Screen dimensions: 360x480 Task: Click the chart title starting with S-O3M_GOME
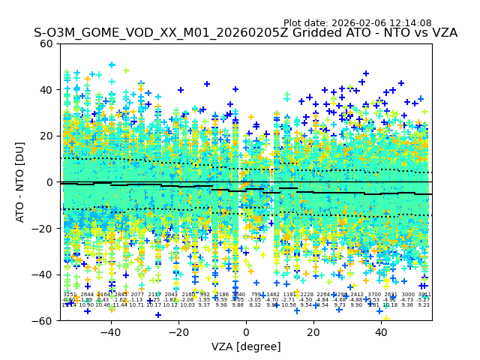click(245, 34)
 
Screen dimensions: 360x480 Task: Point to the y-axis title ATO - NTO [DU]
click(20, 181)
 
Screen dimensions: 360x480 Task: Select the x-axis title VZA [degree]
click(245, 346)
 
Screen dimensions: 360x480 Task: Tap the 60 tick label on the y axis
click(46, 43)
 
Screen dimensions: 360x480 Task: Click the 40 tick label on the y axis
click(46, 90)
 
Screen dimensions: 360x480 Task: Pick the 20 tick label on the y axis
click(46, 136)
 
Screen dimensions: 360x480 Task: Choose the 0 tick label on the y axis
click(49, 182)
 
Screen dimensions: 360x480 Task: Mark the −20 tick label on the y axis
click(43, 228)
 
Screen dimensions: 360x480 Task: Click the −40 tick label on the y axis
click(43, 274)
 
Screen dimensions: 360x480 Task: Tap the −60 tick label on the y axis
click(43, 320)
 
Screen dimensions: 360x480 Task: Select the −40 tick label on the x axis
click(110, 331)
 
